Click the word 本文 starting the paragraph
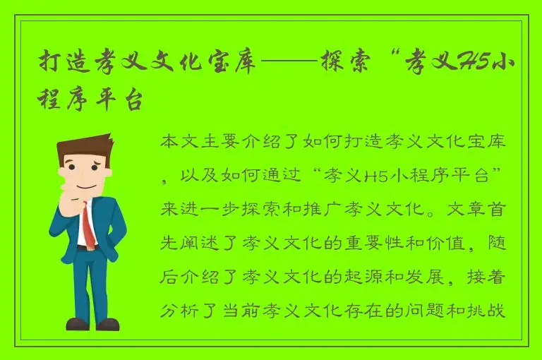pos(179,141)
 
